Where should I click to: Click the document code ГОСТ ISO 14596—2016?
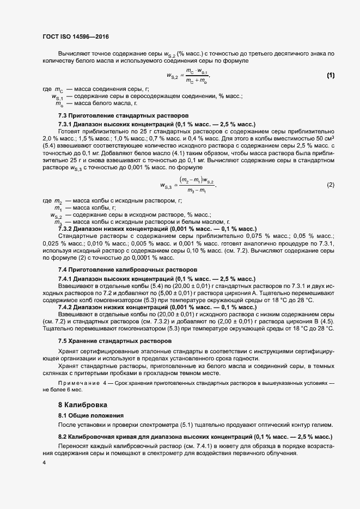tap(75, 38)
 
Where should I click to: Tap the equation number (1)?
tap(330, 75)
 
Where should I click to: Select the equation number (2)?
tap(330, 185)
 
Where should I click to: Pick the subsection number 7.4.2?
tap(66, 308)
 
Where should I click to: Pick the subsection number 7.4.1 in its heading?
tap(66, 278)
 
